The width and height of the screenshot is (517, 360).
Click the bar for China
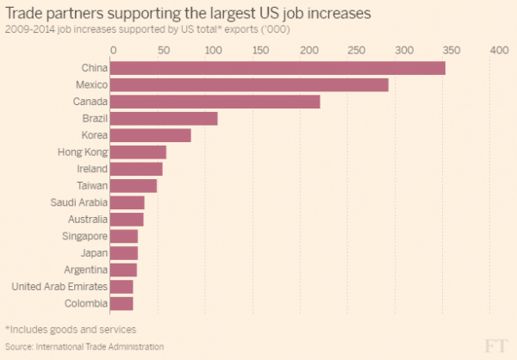277,67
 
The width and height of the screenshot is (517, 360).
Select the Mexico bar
249,84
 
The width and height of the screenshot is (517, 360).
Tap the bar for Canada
215,102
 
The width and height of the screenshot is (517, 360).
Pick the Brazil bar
164,118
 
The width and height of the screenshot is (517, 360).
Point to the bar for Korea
151,135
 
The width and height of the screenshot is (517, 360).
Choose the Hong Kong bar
138,152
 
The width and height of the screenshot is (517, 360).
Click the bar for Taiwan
134,185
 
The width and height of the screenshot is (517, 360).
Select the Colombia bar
121,303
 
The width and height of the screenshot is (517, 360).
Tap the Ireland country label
92,169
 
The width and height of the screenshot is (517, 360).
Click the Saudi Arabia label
80,202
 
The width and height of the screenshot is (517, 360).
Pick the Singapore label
84,236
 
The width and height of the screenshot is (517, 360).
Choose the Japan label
93,252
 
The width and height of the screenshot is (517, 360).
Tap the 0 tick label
111,51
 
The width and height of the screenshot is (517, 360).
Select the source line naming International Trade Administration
84,346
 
